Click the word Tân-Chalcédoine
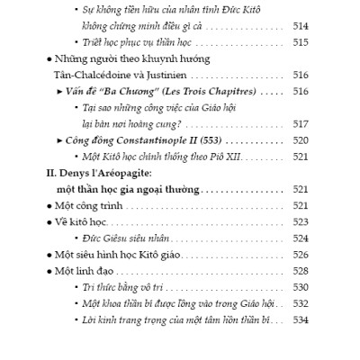(101, 75)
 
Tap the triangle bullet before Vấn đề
(58, 91)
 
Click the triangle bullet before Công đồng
(58, 140)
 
